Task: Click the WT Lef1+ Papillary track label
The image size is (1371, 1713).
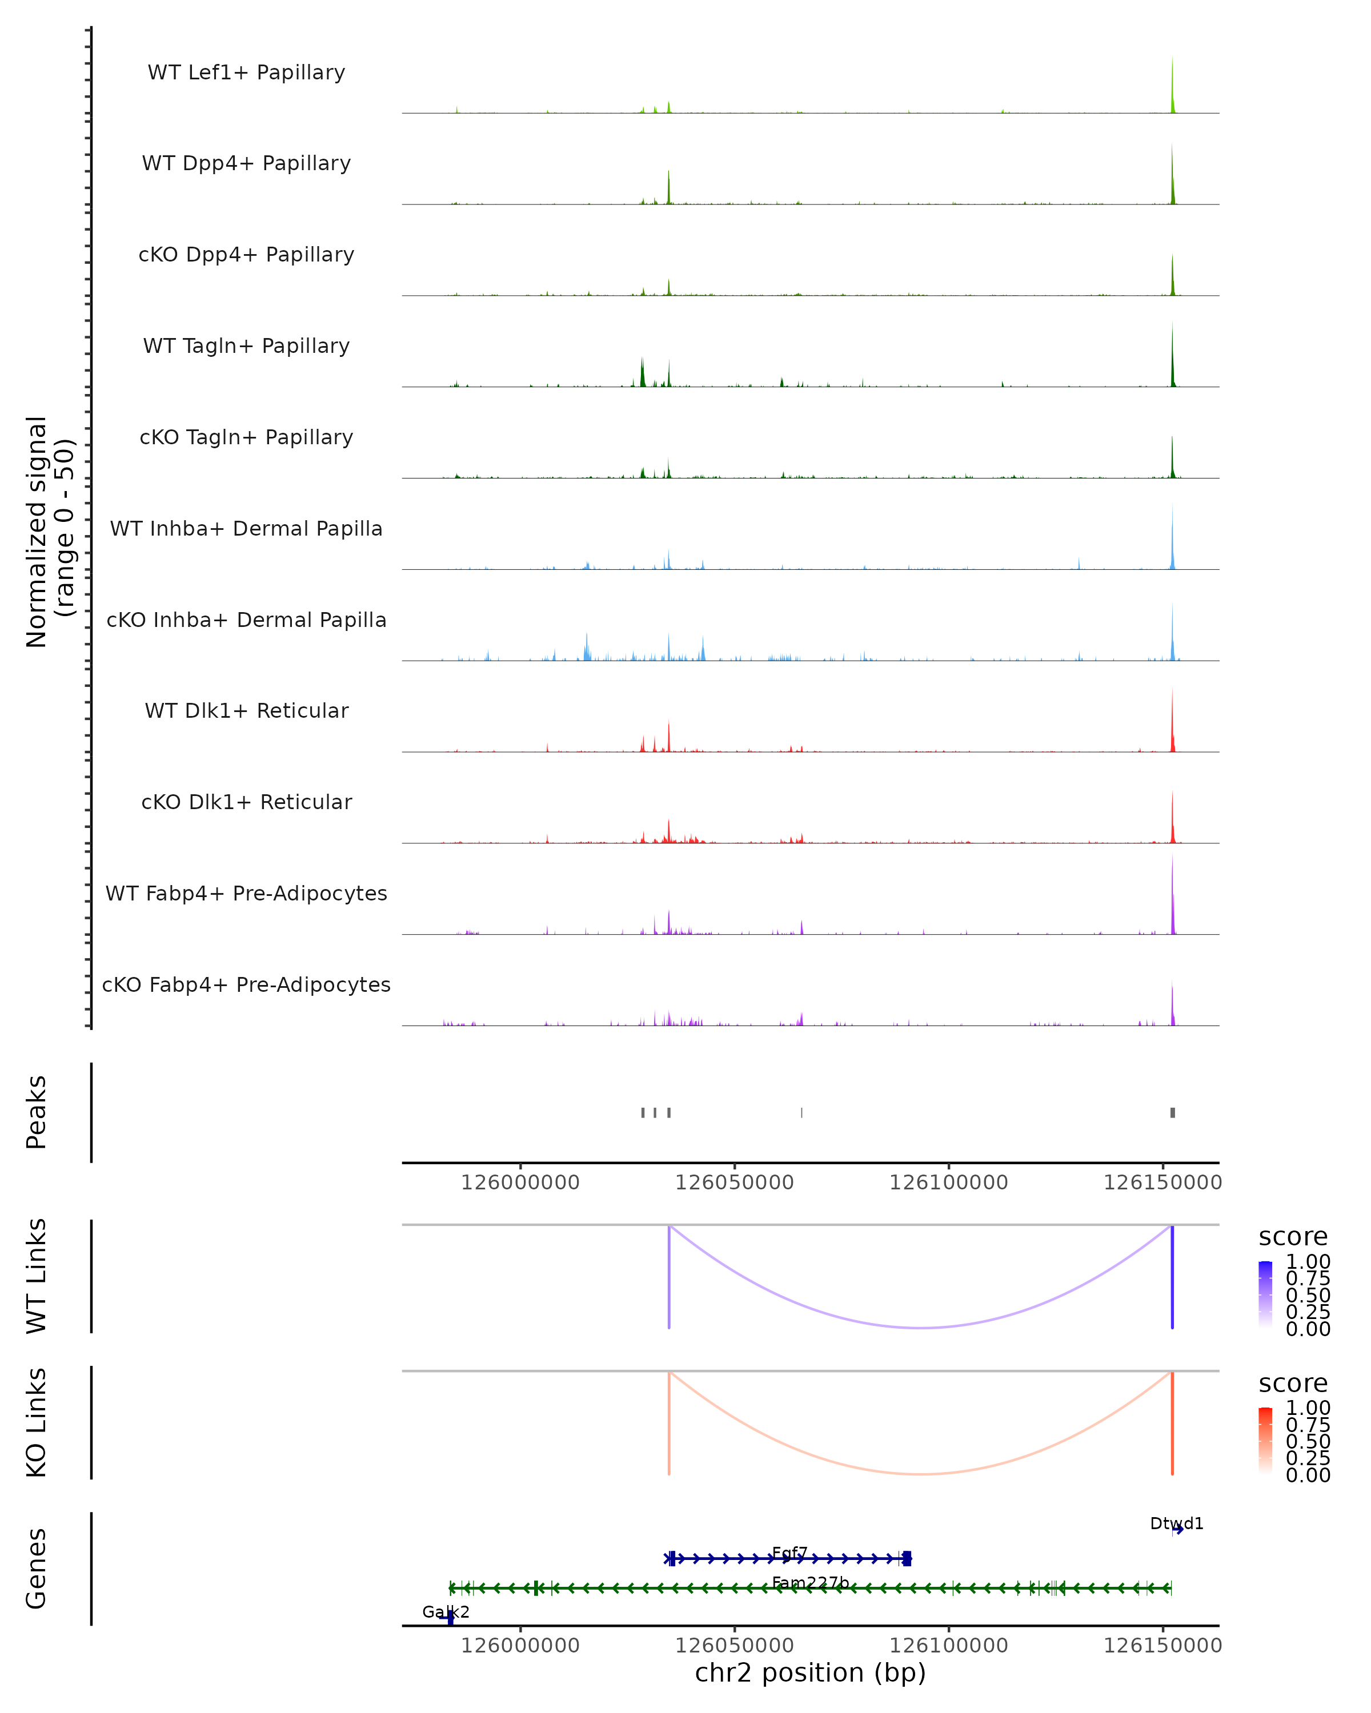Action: tap(246, 73)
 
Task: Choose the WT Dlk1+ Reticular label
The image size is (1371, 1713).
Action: tap(246, 710)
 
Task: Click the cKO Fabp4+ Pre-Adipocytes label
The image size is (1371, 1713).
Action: tap(246, 984)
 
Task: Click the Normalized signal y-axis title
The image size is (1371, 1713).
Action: tap(49, 532)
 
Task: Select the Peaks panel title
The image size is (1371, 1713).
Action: tap(37, 1112)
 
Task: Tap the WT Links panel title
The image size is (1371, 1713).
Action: tap(37, 1276)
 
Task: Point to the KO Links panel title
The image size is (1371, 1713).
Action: tap(37, 1422)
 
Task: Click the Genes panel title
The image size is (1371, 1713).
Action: tap(37, 1569)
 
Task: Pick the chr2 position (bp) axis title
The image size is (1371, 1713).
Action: tap(810, 1672)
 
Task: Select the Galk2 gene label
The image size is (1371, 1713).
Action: tap(445, 1611)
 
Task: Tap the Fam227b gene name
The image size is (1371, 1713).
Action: tap(810, 1583)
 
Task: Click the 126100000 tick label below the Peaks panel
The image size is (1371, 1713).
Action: tap(948, 1183)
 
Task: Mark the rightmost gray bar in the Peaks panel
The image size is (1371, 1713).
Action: tap(1172, 1112)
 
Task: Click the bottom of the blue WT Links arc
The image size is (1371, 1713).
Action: tap(920, 1328)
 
